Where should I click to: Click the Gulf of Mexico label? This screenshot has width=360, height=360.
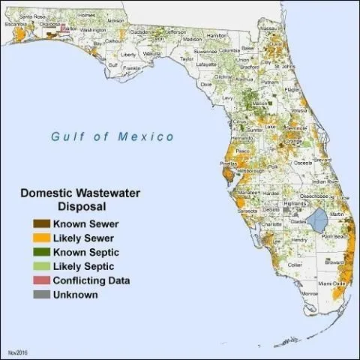tap(112, 136)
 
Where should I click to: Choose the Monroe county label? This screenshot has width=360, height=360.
tap(310, 293)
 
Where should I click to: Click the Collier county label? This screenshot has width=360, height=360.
tap(295, 264)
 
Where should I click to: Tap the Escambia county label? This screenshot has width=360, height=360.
tap(15, 23)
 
